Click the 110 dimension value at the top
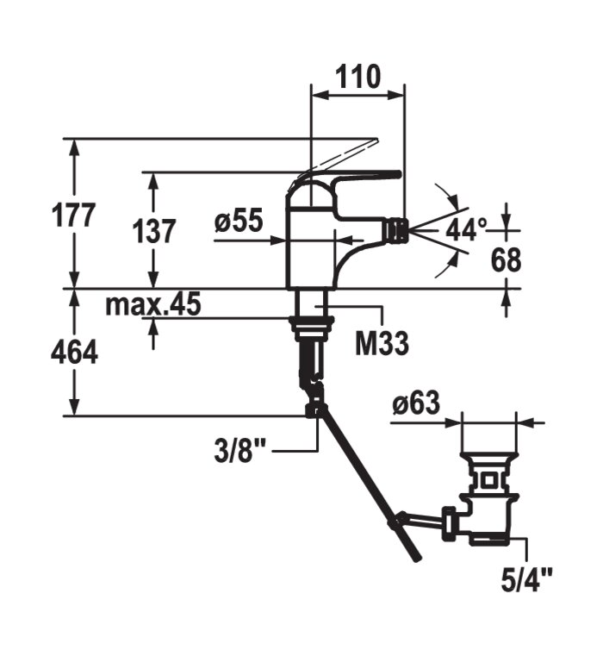tap(357, 77)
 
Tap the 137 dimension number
tap(154, 231)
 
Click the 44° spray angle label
tap(466, 229)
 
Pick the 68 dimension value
tap(506, 260)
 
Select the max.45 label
tap(153, 303)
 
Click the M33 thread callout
tap(382, 343)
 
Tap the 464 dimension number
tap(74, 353)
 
